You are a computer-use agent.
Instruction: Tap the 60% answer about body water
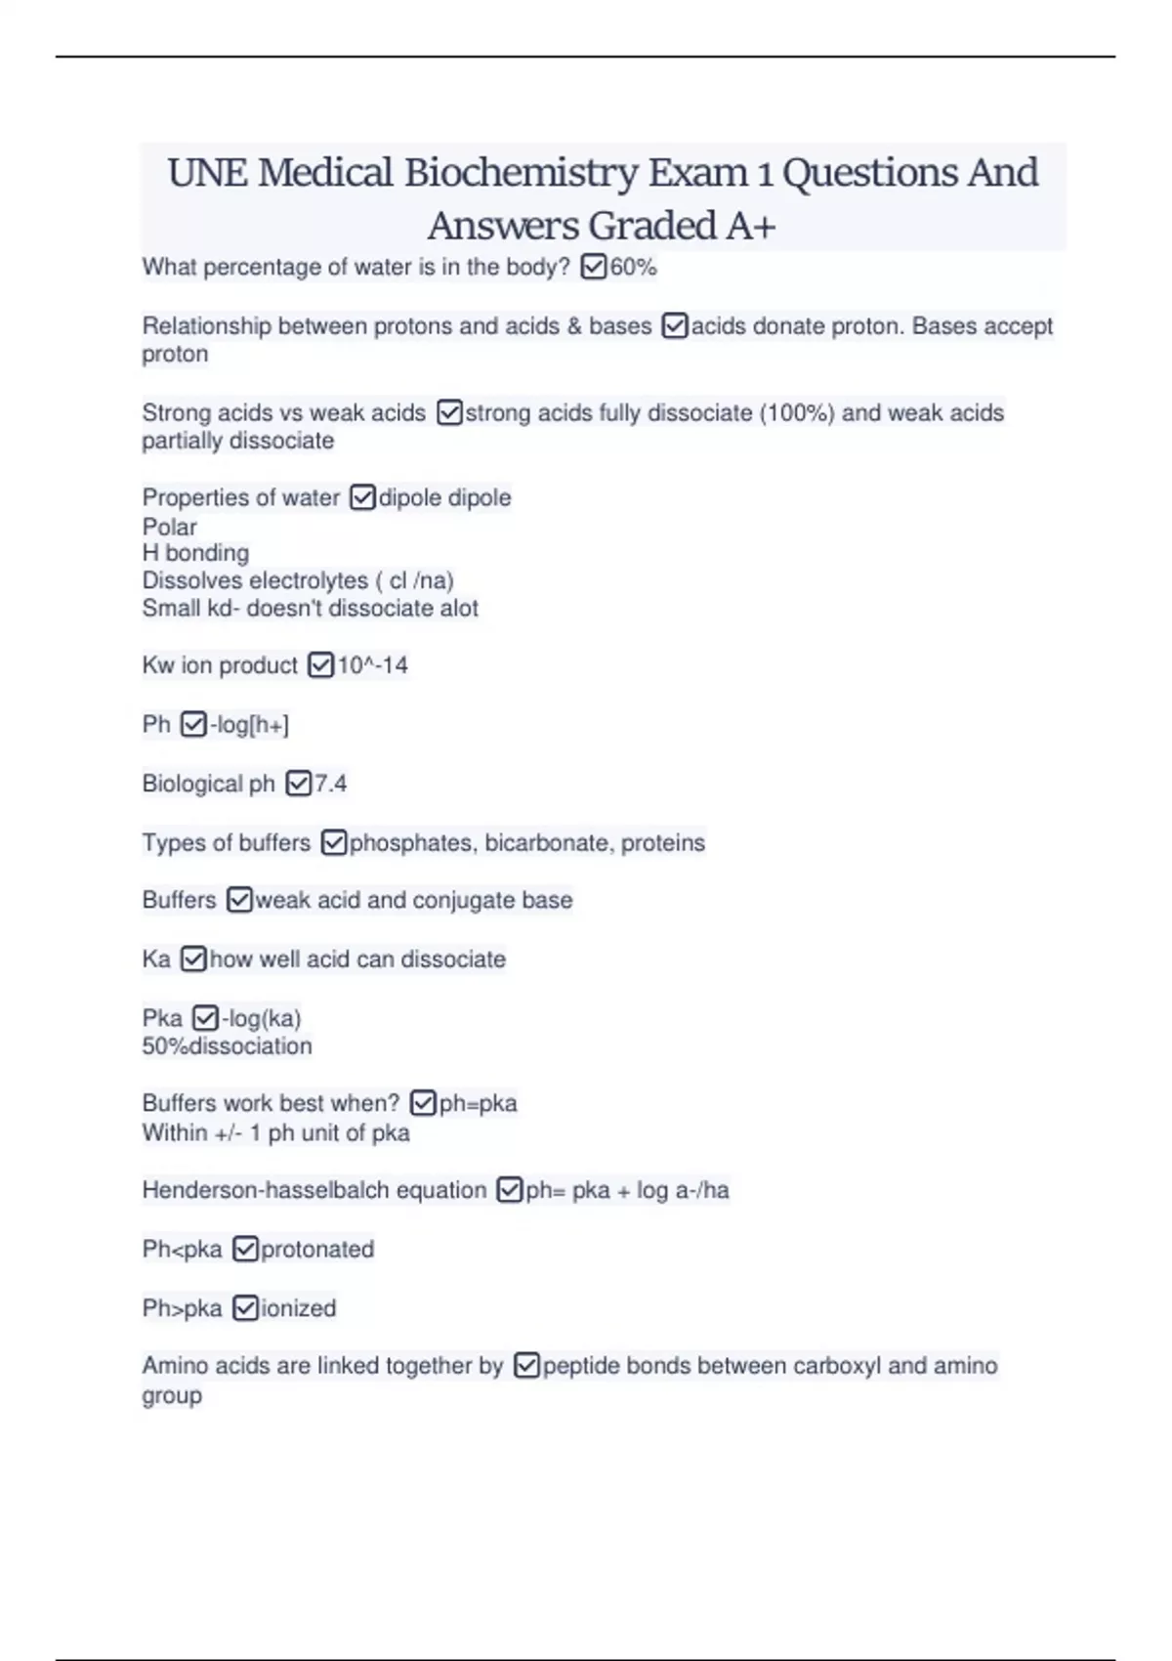coord(633,267)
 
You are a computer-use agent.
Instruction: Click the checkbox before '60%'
coord(593,267)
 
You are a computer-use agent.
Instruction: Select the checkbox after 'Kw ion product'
coord(320,665)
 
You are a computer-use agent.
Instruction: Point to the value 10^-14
coord(372,665)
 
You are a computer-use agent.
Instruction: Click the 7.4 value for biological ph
coord(330,784)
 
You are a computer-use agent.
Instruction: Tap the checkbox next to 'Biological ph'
coord(298,784)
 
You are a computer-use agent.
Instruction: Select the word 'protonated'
coord(317,1249)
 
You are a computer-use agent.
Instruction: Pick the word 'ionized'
coord(298,1308)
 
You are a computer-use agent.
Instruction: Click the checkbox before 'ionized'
coord(246,1308)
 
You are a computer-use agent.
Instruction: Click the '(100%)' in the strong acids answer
coord(796,412)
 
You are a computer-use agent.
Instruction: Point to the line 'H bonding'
coord(195,553)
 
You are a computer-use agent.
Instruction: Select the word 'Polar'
coord(169,527)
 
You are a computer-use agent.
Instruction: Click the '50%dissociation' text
coord(227,1046)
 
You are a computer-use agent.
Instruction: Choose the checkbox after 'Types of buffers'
coord(333,842)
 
